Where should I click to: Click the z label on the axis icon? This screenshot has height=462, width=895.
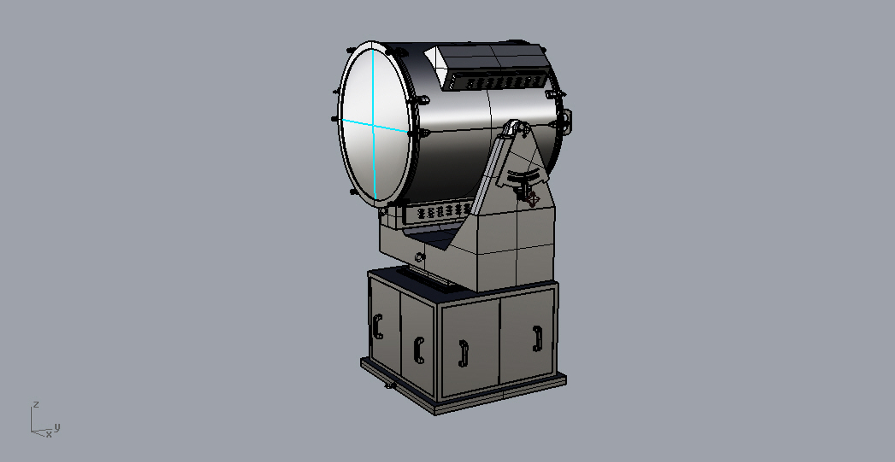[x=36, y=405]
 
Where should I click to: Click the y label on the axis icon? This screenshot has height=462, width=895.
[x=57, y=427]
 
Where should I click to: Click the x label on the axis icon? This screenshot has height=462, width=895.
[x=48, y=435]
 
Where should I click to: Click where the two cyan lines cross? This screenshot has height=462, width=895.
[x=374, y=125]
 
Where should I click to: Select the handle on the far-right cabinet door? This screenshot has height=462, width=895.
[x=537, y=339]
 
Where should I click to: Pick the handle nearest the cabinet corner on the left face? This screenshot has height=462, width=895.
[x=419, y=350]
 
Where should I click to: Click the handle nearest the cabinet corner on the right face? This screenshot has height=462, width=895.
[x=463, y=353]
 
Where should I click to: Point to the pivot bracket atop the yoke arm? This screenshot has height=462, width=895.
[x=515, y=128]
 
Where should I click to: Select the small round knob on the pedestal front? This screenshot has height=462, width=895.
[x=419, y=257]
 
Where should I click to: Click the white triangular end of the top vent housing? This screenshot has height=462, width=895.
[x=434, y=58]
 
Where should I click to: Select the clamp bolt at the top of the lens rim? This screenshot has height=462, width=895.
[x=351, y=50]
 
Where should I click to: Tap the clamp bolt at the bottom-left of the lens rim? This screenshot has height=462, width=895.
[x=353, y=192]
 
